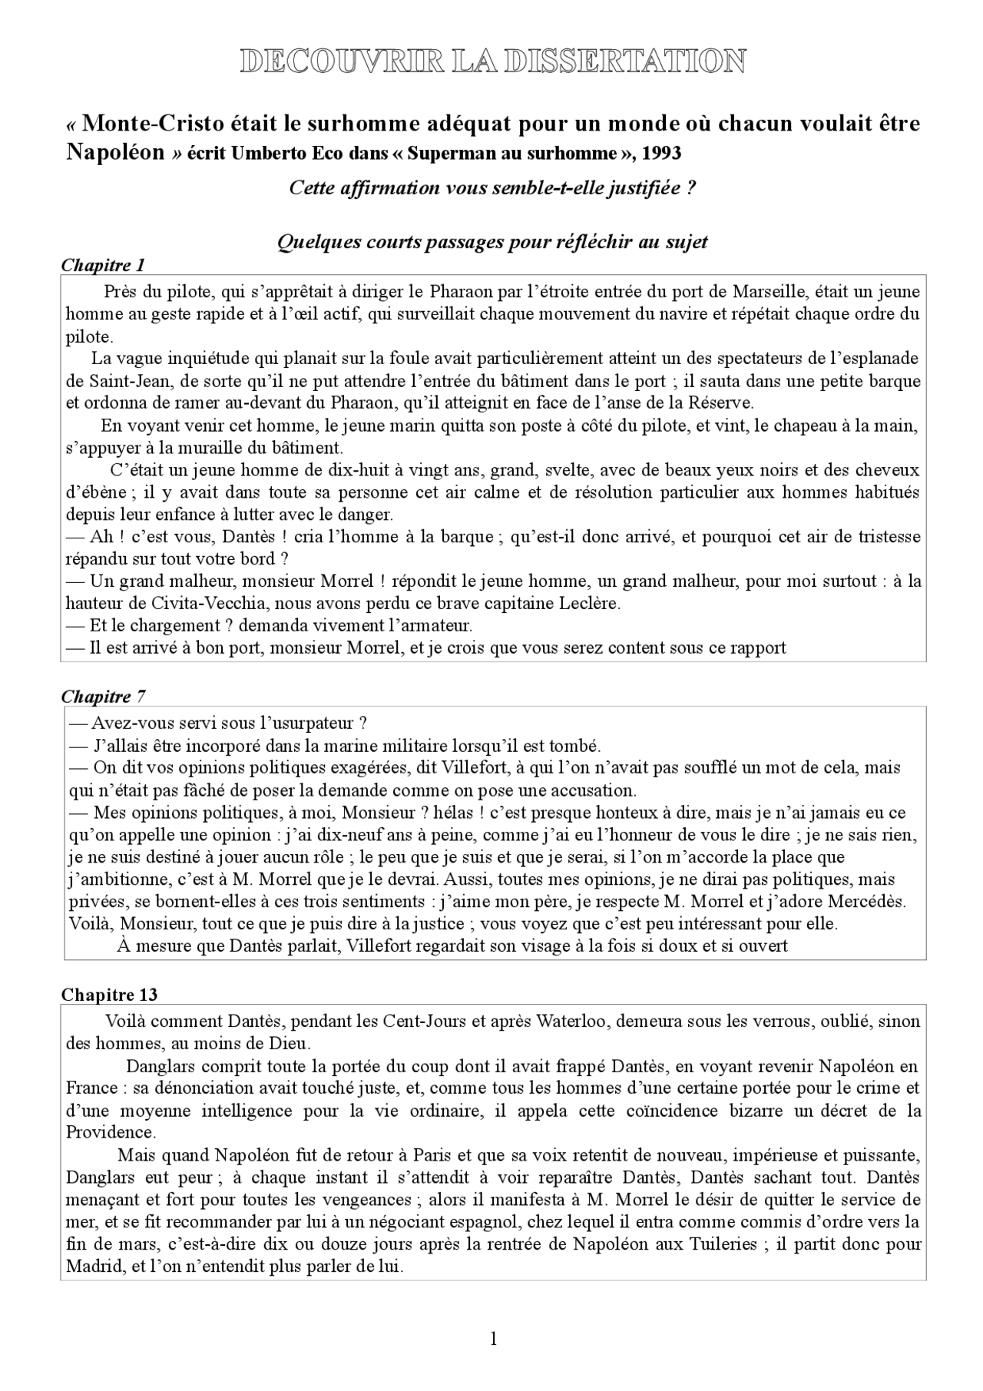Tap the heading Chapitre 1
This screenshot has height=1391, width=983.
coord(102,266)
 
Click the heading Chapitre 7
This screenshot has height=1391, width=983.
coord(103,697)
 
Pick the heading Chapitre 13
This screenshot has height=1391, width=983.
coord(109,994)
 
